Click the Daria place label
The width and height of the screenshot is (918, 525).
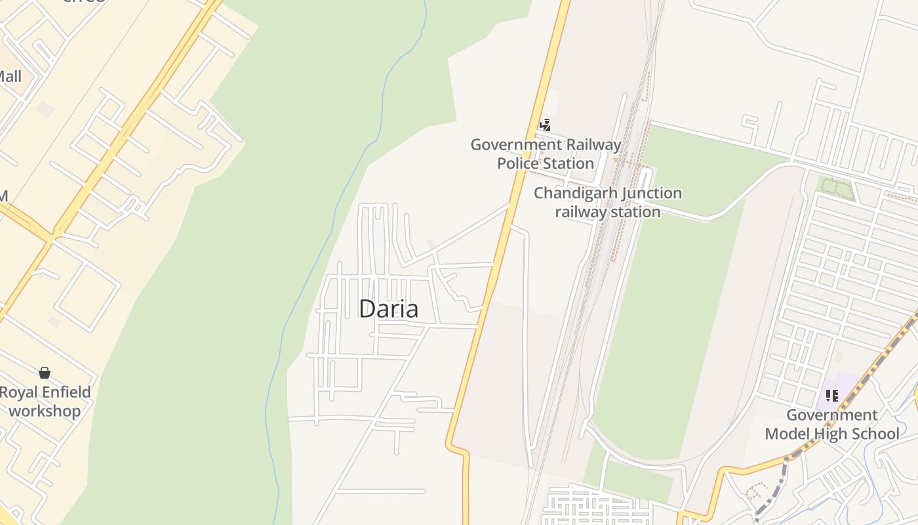[388, 308]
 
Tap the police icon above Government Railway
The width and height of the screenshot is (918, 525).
[545, 125]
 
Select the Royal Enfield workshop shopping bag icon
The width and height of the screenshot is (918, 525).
[45, 373]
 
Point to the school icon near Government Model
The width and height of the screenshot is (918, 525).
[831, 395]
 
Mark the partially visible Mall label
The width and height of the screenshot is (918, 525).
[10, 76]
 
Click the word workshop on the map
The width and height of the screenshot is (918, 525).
[45, 411]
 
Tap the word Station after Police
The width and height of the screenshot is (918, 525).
[571, 163]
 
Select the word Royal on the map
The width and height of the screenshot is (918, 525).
[18, 392]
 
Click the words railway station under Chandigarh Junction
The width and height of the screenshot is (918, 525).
[608, 212]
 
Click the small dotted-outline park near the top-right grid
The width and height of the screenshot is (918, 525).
[836, 188]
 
